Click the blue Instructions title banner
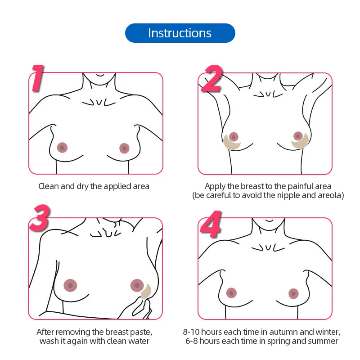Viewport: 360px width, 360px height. [x=180, y=33]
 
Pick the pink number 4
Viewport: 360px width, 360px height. [x=211, y=225]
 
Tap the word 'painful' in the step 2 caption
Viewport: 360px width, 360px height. [x=289, y=186]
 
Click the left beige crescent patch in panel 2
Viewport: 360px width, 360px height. [x=232, y=144]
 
